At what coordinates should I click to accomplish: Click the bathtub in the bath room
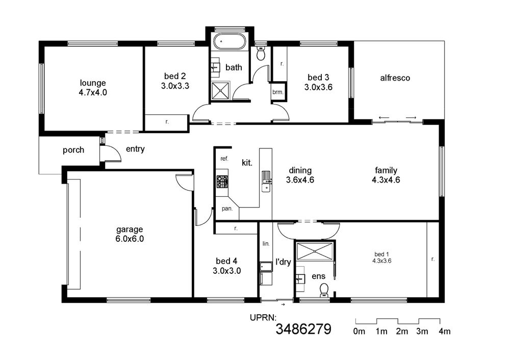(x=229, y=42)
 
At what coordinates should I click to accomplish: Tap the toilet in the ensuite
(x=324, y=290)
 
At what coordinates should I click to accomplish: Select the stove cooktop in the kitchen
(x=222, y=182)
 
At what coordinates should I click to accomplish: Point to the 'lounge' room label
(x=93, y=83)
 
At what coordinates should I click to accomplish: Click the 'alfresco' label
(x=395, y=78)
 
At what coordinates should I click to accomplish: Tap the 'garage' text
(x=130, y=229)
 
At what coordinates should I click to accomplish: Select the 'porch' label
(x=73, y=150)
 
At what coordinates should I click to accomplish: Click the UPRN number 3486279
(x=303, y=329)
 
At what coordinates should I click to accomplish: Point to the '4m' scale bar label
(x=444, y=331)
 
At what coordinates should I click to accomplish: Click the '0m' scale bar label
(x=359, y=331)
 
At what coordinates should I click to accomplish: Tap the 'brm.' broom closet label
(x=278, y=92)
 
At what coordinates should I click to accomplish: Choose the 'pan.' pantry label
(x=227, y=209)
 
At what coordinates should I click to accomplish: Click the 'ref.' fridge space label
(x=224, y=159)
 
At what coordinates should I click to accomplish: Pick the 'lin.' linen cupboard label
(x=266, y=243)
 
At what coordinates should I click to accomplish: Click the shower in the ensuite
(x=314, y=251)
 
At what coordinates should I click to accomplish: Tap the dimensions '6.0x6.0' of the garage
(x=130, y=239)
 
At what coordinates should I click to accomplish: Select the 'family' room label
(x=386, y=170)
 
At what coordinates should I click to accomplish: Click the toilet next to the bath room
(x=261, y=53)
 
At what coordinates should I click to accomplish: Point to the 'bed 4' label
(x=227, y=261)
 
